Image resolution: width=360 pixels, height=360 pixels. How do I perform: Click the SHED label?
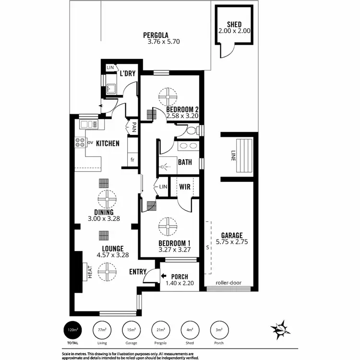234,24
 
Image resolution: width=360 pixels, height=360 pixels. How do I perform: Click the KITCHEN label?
108,143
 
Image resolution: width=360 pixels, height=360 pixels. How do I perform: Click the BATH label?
185,162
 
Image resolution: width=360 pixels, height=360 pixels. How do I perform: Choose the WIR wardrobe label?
185,186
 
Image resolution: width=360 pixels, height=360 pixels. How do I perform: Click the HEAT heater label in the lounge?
90,272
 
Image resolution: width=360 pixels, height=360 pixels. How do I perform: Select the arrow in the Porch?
164,276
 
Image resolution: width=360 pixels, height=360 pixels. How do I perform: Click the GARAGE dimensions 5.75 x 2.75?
232,242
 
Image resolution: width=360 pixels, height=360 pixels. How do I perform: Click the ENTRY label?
138,272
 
